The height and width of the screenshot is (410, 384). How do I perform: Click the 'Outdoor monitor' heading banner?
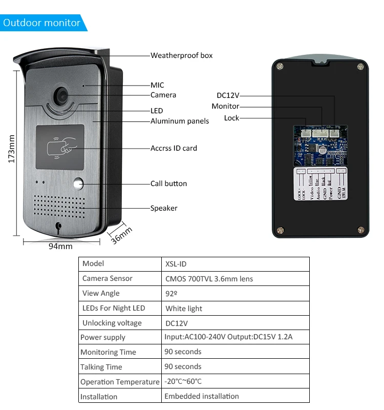[x=42, y=23]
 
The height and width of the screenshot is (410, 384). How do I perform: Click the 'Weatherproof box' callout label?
[x=181, y=55]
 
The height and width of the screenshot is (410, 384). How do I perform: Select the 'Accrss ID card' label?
[x=174, y=149]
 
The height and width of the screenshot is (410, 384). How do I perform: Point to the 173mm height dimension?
[x=11, y=149]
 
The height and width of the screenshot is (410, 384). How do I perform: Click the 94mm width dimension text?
[x=60, y=247]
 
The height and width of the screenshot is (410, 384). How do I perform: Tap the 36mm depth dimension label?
[x=122, y=234]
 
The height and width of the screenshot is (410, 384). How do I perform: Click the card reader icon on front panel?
[x=60, y=148]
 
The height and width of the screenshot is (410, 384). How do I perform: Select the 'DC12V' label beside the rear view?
[x=228, y=95]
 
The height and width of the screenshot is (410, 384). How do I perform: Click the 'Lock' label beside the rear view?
[x=231, y=118]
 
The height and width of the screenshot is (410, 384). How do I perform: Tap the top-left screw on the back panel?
[x=279, y=66]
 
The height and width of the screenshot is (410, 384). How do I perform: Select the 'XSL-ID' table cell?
[x=176, y=264]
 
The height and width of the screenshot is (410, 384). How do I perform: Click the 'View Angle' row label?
[x=101, y=294]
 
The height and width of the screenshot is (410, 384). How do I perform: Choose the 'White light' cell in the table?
[x=184, y=309]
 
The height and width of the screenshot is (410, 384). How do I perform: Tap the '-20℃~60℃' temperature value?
[x=183, y=382]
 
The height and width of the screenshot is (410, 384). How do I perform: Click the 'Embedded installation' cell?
[x=201, y=396]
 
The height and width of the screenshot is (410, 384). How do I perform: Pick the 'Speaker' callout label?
[x=164, y=209]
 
